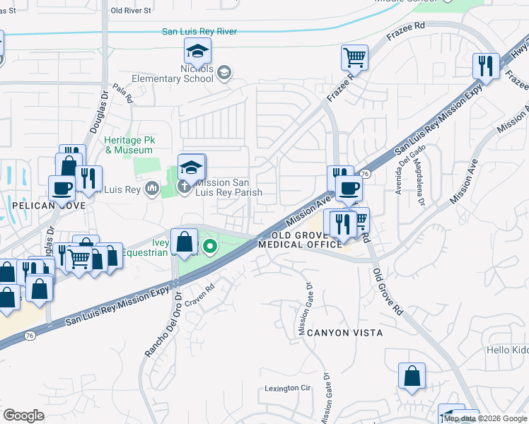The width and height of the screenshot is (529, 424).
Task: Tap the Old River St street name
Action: click(x=132, y=11)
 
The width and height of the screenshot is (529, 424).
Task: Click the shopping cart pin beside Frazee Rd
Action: click(x=354, y=57)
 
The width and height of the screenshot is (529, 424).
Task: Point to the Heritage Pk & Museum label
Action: click(x=129, y=145)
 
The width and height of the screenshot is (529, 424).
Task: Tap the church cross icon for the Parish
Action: click(x=184, y=187)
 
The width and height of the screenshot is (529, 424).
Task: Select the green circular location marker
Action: click(x=209, y=247)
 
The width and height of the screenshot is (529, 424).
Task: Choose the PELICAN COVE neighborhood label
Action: click(x=48, y=206)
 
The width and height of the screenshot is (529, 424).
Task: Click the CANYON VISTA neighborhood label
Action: click(x=345, y=332)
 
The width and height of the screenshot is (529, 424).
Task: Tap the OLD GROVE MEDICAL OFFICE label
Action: click(x=301, y=240)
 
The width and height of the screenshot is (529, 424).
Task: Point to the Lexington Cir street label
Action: click(x=288, y=388)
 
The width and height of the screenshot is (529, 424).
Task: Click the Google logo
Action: click(x=23, y=416)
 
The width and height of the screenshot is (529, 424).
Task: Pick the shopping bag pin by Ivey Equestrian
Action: click(x=184, y=242)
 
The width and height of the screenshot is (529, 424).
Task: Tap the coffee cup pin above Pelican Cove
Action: click(x=62, y=187)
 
